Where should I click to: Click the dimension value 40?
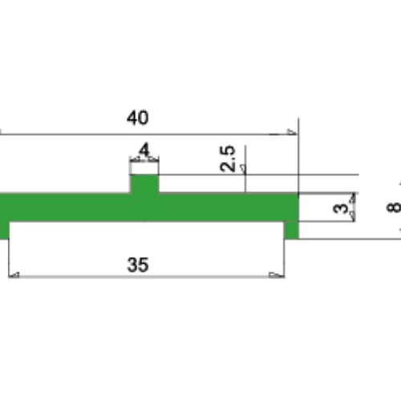[137, 118]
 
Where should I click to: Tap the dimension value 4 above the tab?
[144, 150]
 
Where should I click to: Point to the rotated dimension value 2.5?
[228, 159]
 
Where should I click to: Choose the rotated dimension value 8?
[391, 206]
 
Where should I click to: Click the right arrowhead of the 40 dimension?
[292, 132]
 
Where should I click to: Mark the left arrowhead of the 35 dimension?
[13, 275]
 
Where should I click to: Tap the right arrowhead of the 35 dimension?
[277, 275]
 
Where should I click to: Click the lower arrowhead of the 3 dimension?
[353, 217]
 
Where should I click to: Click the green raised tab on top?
[144, 184]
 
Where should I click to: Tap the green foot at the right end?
[293, 231]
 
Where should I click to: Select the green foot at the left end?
[4, 231]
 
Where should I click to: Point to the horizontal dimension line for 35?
[144, 275]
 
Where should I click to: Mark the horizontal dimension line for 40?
[144, 132]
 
